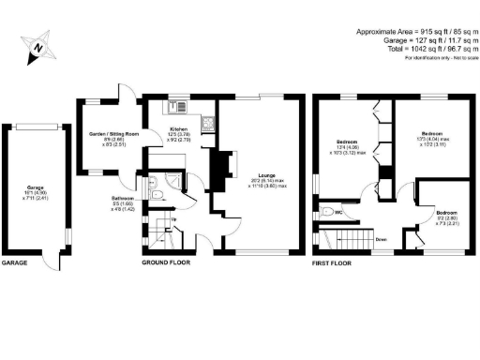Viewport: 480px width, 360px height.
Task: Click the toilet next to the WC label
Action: click(323, 210)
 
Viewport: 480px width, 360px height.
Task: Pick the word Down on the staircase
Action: click(382, 239)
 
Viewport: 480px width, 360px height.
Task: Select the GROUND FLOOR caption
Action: click(166, 263)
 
